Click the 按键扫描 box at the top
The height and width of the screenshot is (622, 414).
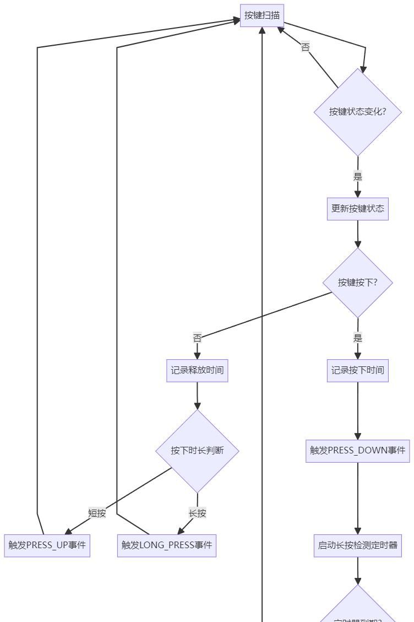point(262,15)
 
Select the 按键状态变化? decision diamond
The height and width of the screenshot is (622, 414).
point(358,112)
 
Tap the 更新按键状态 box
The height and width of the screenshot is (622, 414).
point(358,209)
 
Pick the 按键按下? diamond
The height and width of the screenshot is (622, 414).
point(358,283)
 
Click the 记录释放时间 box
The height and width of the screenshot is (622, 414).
point(197,370)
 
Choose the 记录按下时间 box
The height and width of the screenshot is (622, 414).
point(358,370)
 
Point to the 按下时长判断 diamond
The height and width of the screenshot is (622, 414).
point(197,451)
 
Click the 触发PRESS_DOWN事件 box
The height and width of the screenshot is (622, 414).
point(358,451)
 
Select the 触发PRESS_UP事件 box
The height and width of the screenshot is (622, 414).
point(47,545)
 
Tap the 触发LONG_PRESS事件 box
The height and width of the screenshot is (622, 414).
point(167,545)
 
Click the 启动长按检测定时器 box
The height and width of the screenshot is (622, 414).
point(358,545)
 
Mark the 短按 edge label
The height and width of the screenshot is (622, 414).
point(97,513)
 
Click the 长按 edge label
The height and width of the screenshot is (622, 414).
point(197,513)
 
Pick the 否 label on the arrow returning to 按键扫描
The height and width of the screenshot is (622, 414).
point(305,47)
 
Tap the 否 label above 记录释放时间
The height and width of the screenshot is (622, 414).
point(197,338)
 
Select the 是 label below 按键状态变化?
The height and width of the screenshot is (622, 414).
point(358,177)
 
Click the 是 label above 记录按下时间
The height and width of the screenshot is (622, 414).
point(358,338)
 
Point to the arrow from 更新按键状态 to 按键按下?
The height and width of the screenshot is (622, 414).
point(358,234)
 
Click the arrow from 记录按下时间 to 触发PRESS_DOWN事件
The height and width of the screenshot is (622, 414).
point(358,410)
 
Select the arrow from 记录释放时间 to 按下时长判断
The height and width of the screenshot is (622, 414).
point(197,396)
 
